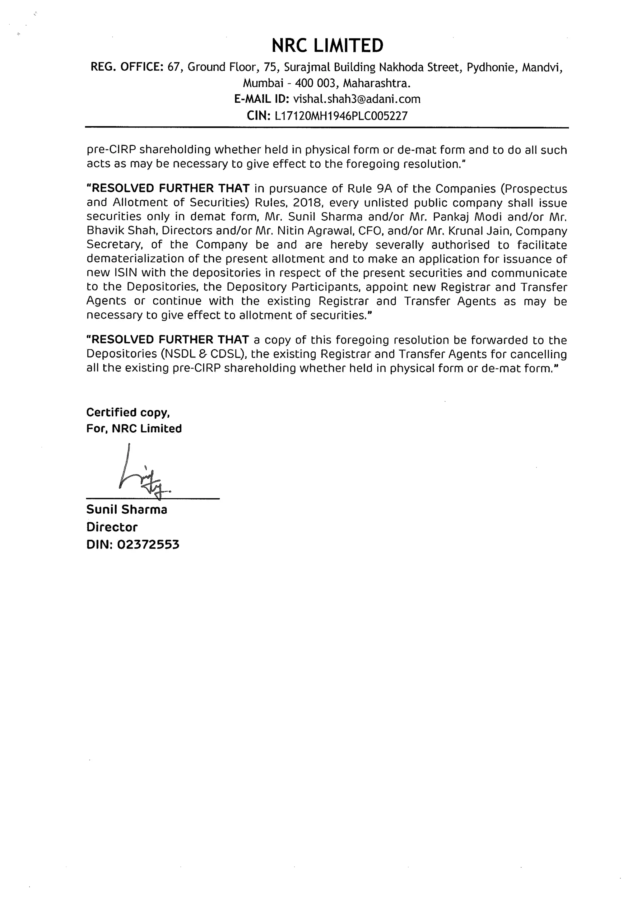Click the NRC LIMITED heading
click(x=328, y=45)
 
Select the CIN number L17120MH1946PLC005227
click(x=341, y=116)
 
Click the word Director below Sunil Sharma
click(x=112, y=527)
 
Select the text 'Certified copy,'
click(x=128, y=413)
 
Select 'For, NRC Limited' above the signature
click(x=134, y=428)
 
